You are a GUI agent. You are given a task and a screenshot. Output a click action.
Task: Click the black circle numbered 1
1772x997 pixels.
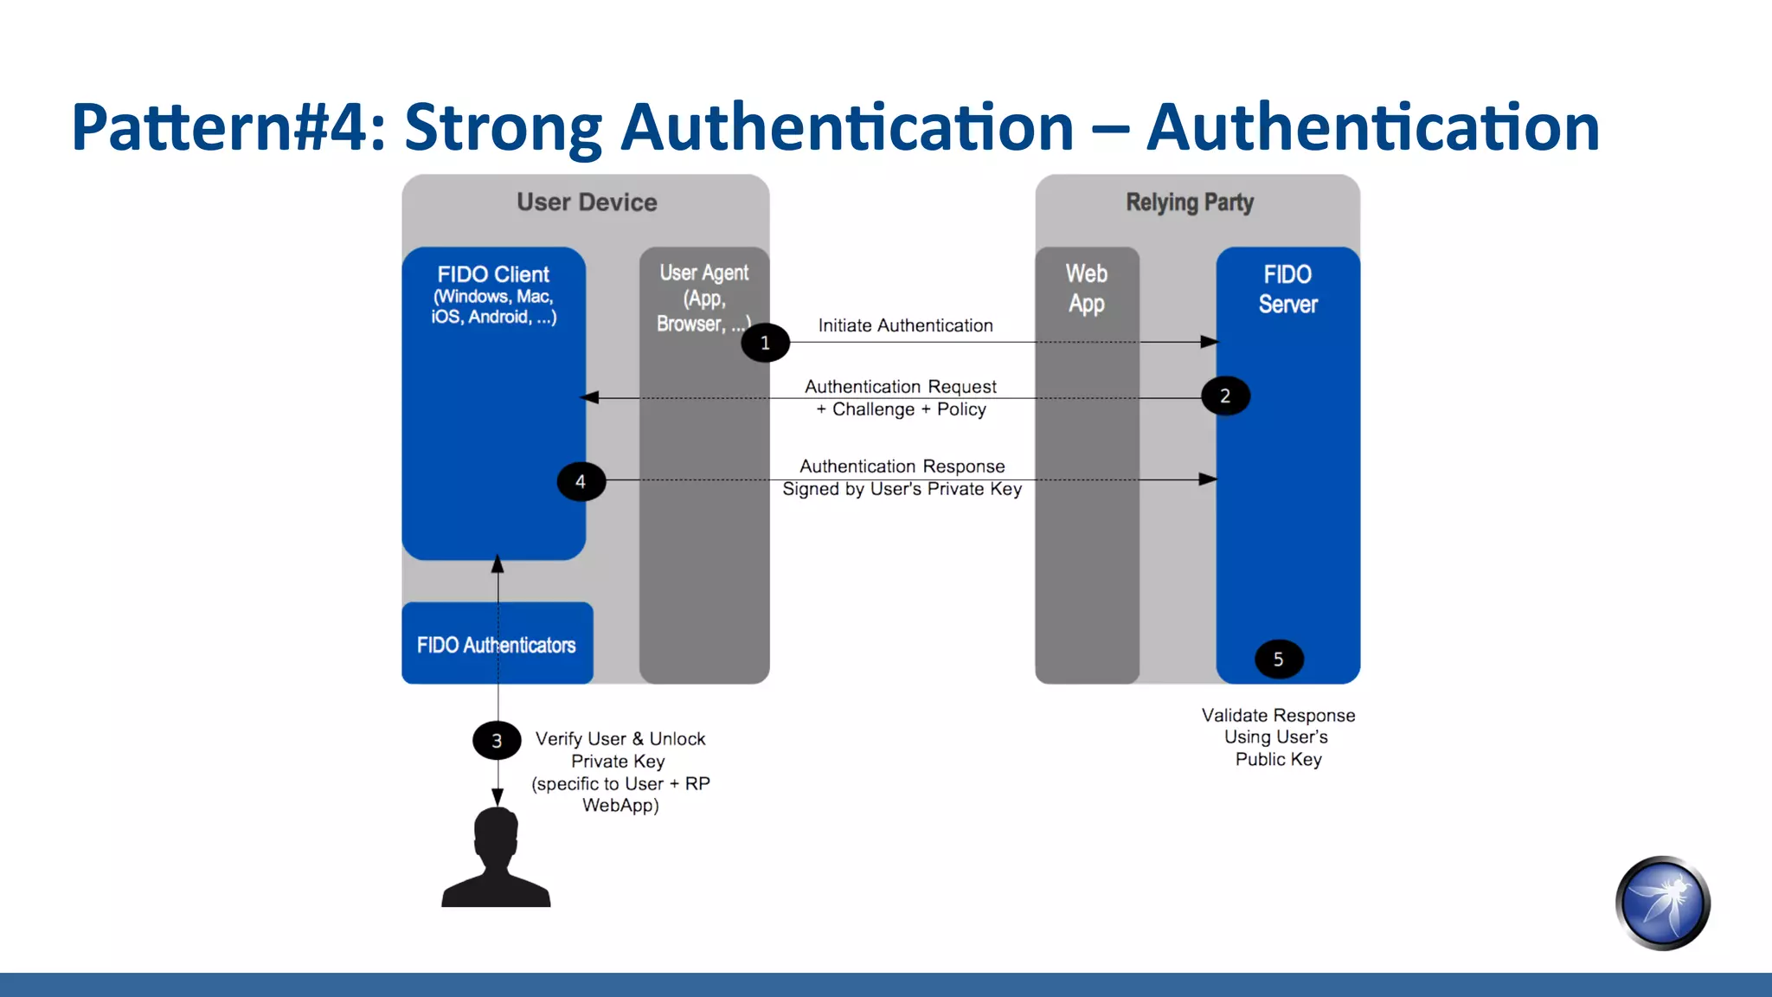click(765, 343)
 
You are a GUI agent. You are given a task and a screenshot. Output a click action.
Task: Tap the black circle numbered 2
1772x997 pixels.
click(1225, 396)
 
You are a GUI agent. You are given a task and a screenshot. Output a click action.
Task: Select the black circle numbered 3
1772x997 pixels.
click(497, 741)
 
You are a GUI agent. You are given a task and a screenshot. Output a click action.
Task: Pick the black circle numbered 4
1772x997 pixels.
click(581, 481)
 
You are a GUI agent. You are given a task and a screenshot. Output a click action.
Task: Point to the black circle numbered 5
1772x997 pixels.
click(1279, 659)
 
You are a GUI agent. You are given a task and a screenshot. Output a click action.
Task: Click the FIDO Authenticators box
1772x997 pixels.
click(497, 644)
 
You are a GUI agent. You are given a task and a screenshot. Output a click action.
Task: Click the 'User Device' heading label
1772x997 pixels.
click(587, 203)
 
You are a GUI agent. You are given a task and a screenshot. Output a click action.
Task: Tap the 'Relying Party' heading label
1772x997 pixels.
click(1190, 203)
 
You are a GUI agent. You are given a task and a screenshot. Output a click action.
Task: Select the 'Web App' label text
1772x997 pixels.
click(1087, 288)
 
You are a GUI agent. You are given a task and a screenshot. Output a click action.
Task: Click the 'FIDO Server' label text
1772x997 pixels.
click(1287, 289)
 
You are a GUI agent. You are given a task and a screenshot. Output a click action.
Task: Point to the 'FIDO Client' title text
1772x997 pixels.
click(493, 274)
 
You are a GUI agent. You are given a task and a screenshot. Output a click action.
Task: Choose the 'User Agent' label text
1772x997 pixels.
click(703, 273)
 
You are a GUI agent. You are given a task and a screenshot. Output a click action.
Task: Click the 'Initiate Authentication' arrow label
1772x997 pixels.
click(905, 325)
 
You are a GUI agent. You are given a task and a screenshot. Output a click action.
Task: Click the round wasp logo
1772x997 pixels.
click(1662, 904)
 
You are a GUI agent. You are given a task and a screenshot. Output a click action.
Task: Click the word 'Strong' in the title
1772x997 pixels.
click(503, 127)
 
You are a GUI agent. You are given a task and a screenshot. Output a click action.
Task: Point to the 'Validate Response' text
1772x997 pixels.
click(1278, 715)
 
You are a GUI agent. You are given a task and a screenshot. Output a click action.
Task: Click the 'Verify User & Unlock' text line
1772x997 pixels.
click(620, 738)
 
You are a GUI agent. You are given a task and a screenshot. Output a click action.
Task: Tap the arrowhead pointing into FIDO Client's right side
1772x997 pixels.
click(590, 397)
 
